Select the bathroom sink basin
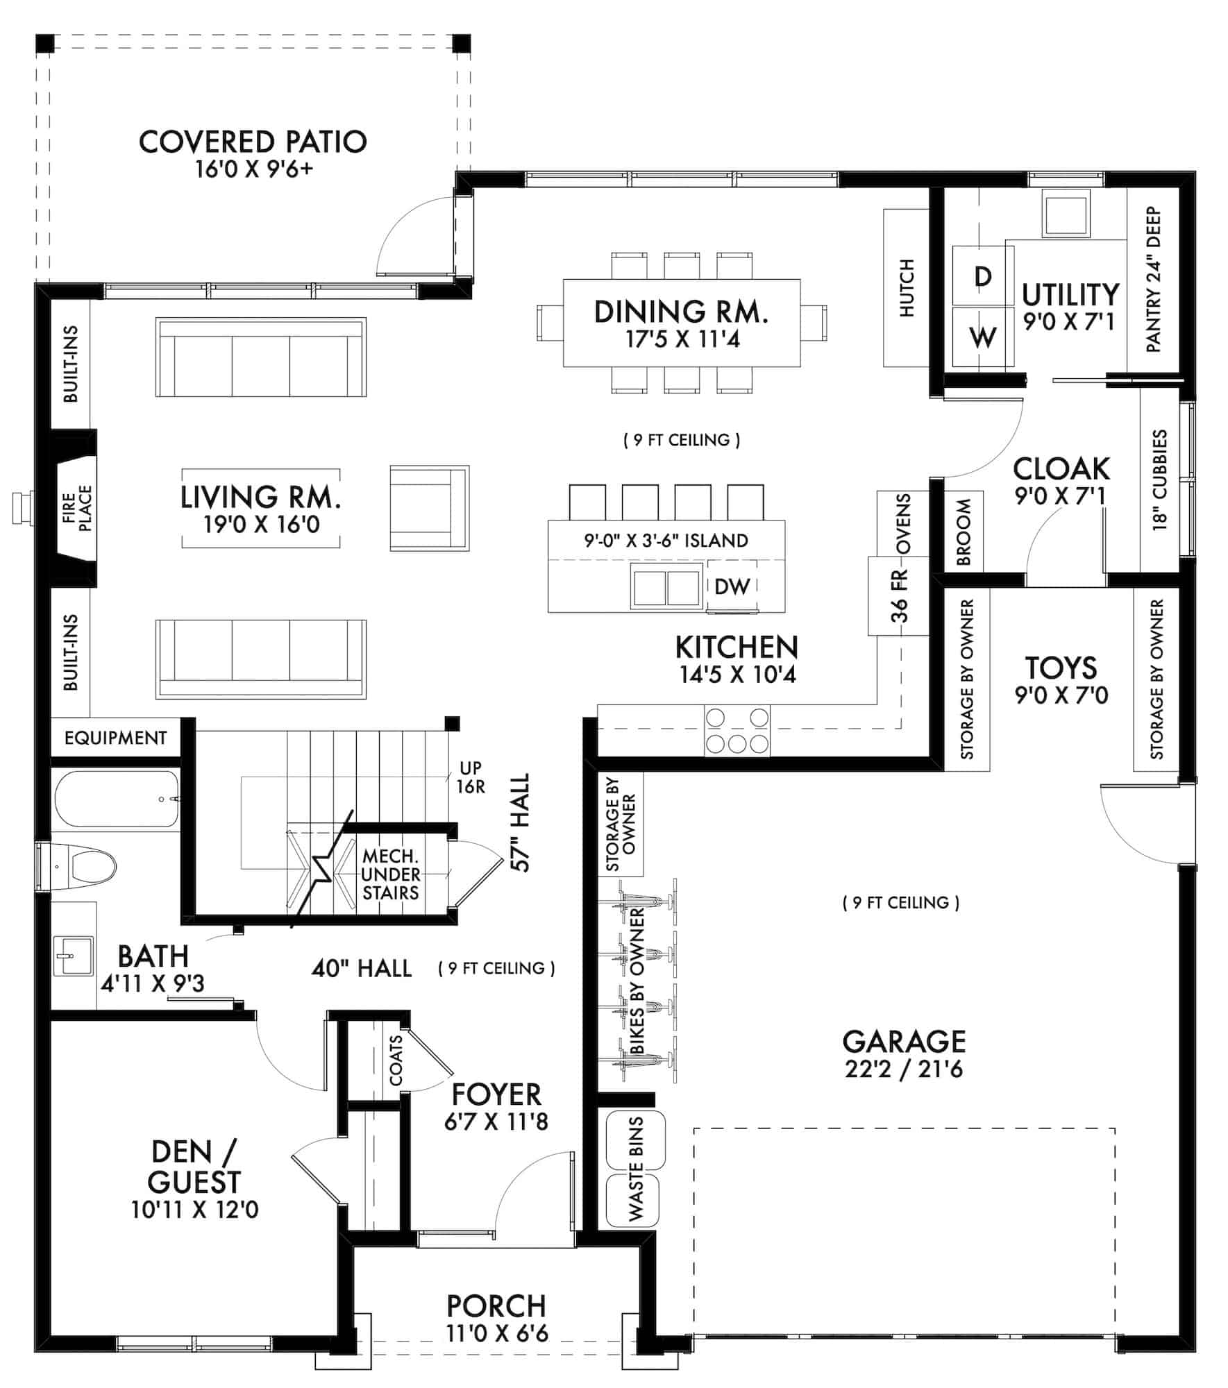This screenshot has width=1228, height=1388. (73, 956)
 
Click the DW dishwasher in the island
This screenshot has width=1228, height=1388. (732, 586)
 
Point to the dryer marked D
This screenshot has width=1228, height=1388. (982, 276)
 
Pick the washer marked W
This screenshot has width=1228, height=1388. (982, 337)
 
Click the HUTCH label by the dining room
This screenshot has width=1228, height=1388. (907, 288)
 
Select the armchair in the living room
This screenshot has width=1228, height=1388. (429, 508)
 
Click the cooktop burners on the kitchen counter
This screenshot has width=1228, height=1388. (737, 731)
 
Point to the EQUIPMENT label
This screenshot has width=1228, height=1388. (115, 738)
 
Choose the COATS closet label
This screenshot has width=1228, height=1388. (396, 1060)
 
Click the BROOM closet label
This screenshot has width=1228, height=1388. (964, 532)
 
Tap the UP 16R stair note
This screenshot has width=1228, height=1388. (471, 777)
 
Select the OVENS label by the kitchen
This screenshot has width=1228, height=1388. (903, 523)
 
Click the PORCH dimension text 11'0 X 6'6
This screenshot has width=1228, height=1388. (497, 1333)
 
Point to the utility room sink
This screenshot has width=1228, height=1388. (1065, 215)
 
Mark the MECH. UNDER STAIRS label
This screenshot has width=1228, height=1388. (390, 874)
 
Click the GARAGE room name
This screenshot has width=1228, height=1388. (904, 1042)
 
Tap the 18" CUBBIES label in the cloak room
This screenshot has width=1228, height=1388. (1160, 480)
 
